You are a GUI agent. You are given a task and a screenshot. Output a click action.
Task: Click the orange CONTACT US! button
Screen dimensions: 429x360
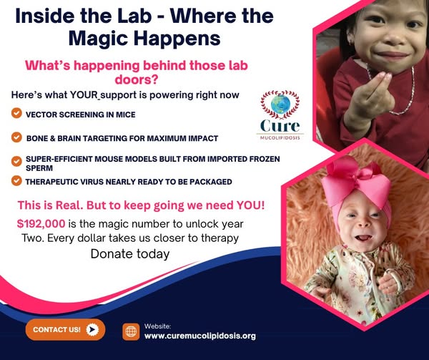[65, 329]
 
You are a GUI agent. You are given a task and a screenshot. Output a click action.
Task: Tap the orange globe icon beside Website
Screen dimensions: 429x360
[131, 331]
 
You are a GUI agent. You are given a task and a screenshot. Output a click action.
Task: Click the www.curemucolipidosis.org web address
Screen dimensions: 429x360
[200, 336]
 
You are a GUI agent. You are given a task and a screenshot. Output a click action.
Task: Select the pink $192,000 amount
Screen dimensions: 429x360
[41, 224]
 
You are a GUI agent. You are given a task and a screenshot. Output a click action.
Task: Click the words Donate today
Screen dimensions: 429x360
[130, 254]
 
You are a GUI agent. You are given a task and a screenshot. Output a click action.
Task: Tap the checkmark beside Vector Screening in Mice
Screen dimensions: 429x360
[16, 113]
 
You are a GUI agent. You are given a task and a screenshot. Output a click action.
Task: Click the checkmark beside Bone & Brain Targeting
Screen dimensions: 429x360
[16, 137]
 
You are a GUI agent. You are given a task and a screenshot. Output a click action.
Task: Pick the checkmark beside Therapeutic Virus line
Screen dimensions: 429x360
[16, 180]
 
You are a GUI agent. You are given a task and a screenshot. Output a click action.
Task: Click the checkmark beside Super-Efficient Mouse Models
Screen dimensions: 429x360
[16, 161]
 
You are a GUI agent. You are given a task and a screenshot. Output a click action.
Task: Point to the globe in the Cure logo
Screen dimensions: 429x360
[280, 104]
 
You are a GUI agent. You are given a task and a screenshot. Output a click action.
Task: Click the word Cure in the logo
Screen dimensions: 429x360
[280, 126]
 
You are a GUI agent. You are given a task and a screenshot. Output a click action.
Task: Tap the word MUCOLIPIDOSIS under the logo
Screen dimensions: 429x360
[280, 137]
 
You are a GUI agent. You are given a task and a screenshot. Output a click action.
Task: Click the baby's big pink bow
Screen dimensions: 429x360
[356, 182]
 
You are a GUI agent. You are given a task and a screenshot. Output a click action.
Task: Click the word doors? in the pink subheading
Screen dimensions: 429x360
[137, 79]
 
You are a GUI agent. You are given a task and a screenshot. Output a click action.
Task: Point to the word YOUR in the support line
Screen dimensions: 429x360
[84, 95]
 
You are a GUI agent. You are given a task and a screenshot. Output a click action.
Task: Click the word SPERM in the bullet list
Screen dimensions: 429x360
[39, 168]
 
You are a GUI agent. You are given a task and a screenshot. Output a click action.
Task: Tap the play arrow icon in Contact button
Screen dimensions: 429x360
[92, 329]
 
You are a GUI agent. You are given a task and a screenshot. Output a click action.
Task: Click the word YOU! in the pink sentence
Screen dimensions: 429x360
[251, 205]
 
